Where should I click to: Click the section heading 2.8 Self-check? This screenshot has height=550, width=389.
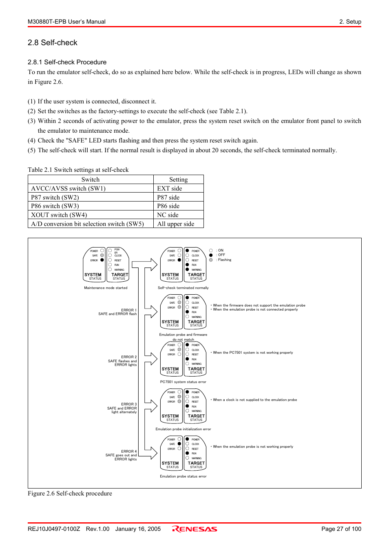coord(53,43)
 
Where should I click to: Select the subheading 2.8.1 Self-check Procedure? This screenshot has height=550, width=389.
coord(67,62)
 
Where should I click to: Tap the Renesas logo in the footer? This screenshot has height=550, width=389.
coord(194,529)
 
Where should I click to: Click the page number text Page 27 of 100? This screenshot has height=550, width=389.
coord(341,529)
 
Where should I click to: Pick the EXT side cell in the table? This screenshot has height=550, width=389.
coord(170,188)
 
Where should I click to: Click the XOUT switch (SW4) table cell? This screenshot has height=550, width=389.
coord(59,215)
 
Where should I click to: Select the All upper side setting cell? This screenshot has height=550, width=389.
coord(176,224)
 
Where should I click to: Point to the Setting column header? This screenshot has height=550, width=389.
coord(178,180)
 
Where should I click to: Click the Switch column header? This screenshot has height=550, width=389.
coord(91,180)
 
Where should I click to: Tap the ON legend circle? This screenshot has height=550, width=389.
coord(211,250)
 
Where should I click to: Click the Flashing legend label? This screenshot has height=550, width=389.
coord(224,260)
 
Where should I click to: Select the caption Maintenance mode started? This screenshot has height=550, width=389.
coord(106,288)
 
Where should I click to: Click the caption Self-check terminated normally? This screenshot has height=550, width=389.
coord(183,288)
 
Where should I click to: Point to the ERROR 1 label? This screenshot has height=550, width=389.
coord(129,310)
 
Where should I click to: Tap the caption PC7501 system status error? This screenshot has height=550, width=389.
coord(183,382)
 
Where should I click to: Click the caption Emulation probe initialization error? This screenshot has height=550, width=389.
coord(183,429)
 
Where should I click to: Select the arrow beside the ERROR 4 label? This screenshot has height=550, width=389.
coord(151,453)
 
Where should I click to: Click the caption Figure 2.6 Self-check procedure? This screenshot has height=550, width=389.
coord(70,493)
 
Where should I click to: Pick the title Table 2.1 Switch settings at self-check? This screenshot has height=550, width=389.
coord(78,170)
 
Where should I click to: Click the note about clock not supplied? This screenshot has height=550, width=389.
coord(254,400)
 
